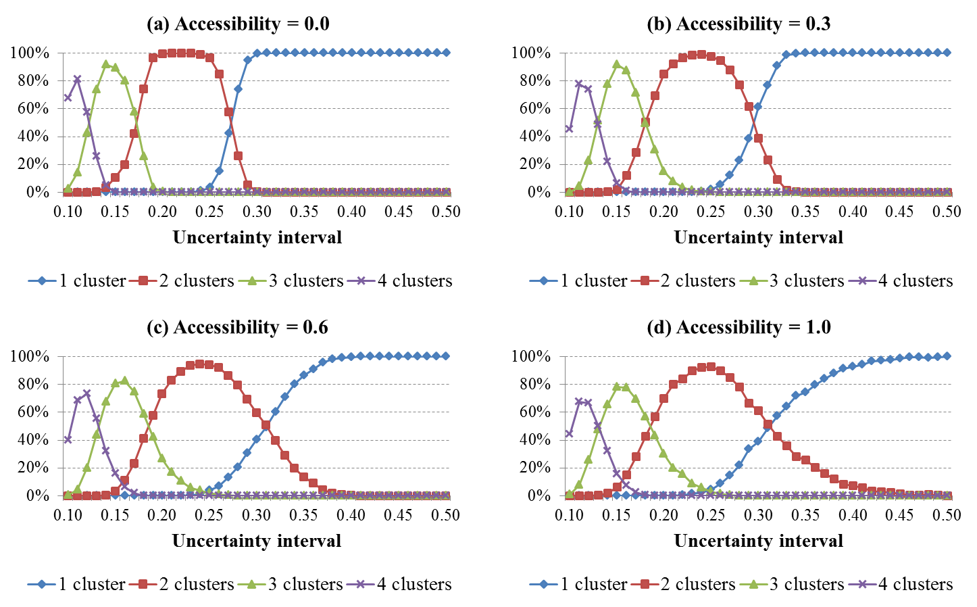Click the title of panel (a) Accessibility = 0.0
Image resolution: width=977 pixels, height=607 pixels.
pyautogui.click(x=238, y=24)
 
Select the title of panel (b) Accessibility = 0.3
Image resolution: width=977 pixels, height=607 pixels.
pyautogui.click(x=738, y=24)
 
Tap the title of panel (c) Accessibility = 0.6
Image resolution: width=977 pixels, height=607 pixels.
pyautogui.click(x=237, y=327)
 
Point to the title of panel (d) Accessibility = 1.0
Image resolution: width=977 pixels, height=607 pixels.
pyautogui.click(x=738, y=327)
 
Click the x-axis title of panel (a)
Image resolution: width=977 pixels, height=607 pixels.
pyautogui.click(x=257, y=237)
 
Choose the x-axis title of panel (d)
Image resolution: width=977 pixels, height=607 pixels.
pyautogui.click(x=759, y=541)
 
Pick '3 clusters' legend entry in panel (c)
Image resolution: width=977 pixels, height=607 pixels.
pyautogui.click(x=305, y=584)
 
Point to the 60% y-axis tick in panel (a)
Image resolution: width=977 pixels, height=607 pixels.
pyautogui.click(x=29, y=109)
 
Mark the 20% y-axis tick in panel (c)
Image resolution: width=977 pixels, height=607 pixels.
pyautogui.click(x=29, y=468)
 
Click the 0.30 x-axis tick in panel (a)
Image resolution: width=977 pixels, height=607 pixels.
pyautogui.click(x=257, y=212)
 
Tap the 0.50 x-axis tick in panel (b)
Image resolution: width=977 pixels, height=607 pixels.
pyautogui.click(x=947, y=212)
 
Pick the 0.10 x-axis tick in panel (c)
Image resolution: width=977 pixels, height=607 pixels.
pyautogui.click(x=68, y=515)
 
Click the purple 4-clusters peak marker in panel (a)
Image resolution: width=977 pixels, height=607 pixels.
pyautogui.click(x=77, y=79)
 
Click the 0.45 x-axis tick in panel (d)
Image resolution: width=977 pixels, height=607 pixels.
pyautogui.click(x=900, y=515)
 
